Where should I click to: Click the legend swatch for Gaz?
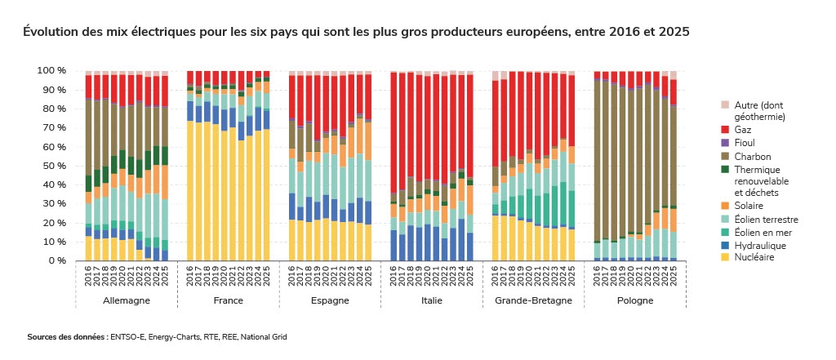pos(724,130)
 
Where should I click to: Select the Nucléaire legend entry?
pos(754,257)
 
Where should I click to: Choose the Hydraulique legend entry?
pos(757,245)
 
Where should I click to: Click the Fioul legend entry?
pos(744,143)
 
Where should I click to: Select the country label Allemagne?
pos(126,300)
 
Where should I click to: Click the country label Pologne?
pos(635,300)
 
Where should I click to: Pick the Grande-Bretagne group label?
pos(533,300)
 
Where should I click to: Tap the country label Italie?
pos(432,300)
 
